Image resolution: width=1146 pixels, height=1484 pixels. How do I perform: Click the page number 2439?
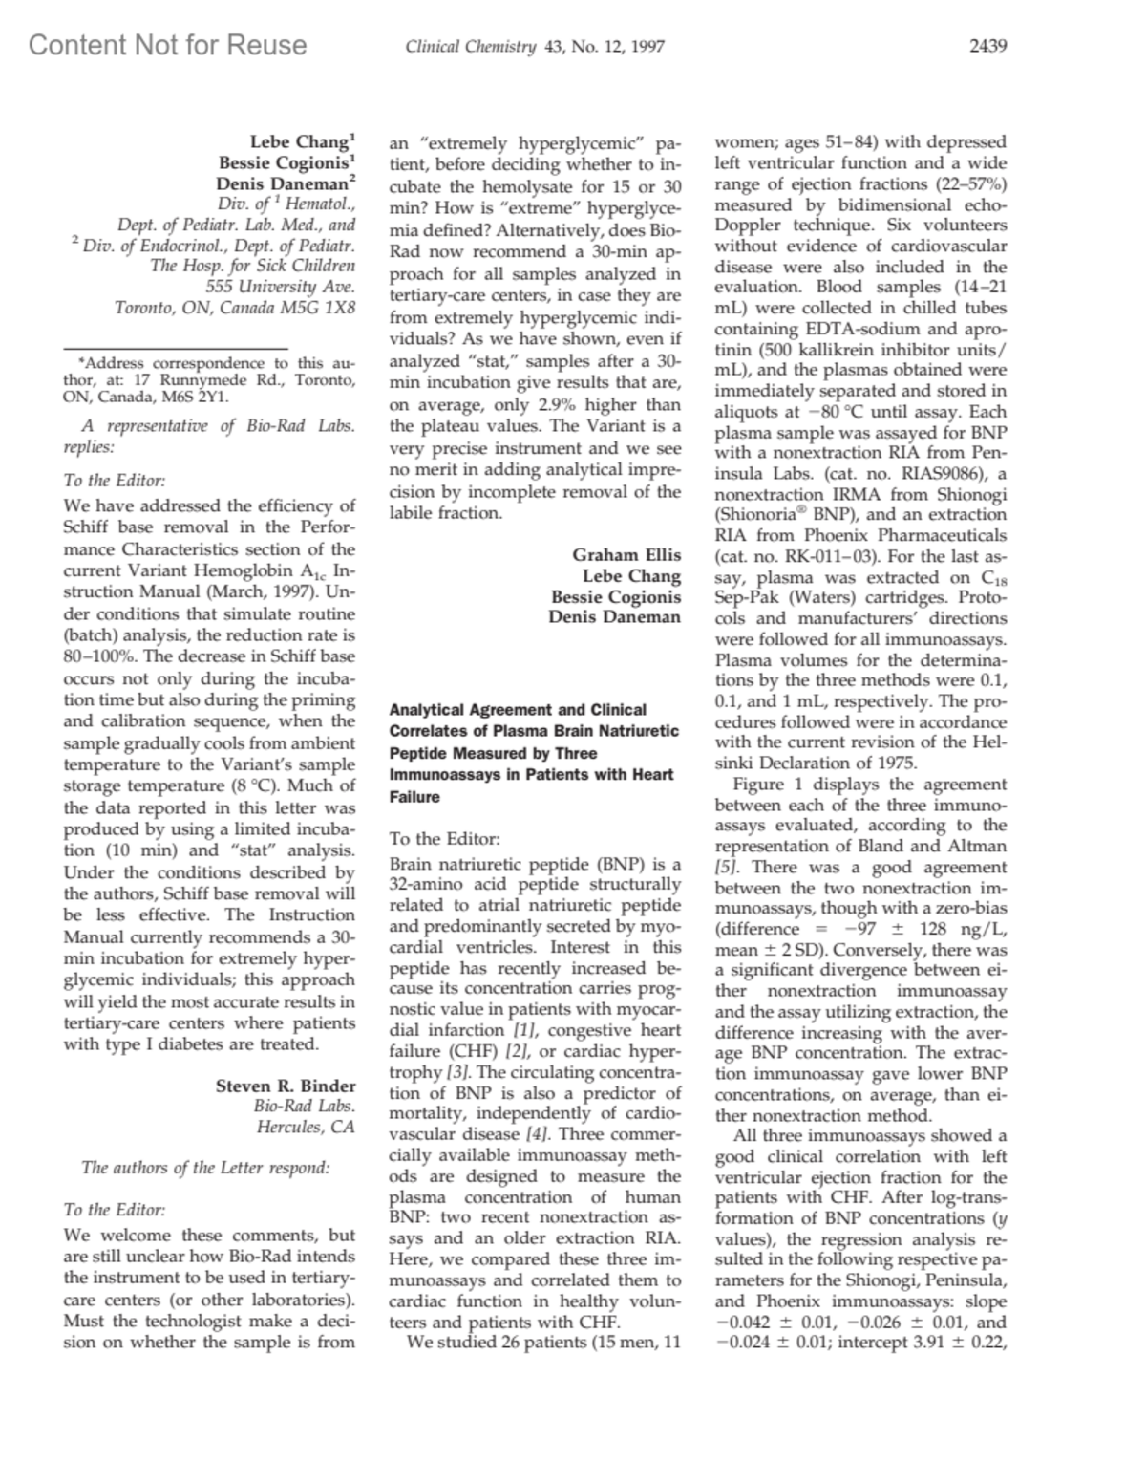(x=988, y=46)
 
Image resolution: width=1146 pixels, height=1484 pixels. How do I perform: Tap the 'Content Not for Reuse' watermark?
(x=168, y=45)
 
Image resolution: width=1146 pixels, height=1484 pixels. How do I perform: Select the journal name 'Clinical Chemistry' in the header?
(x=470, y=47)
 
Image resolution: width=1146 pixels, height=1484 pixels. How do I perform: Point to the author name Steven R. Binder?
(x=286, y=1086)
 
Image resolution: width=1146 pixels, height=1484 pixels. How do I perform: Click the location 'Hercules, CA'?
(x=306, y=1127)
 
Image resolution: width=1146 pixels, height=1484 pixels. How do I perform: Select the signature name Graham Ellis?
(x=626, y=554)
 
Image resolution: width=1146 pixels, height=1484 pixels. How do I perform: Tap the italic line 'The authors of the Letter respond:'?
(x=205, y=1167)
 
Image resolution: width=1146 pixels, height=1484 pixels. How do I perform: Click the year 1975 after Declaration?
(x=896, y=763)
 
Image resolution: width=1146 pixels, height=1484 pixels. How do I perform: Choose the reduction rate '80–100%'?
(x=103, y=656)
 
